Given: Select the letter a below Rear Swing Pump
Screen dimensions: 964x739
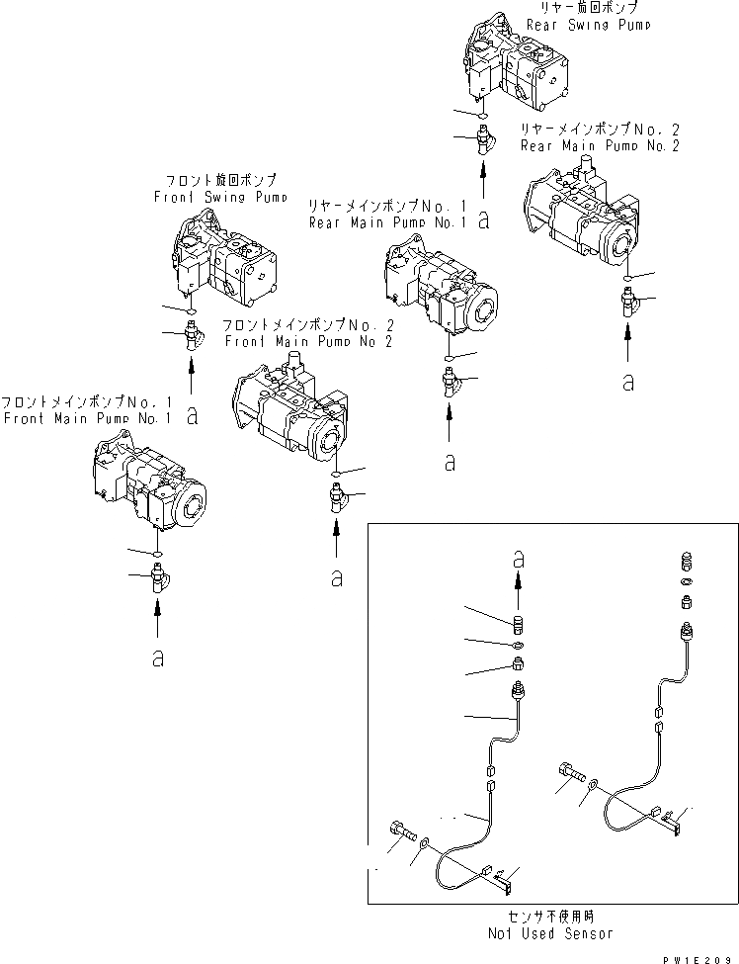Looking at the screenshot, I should pyautogui.click(x=483, y=221).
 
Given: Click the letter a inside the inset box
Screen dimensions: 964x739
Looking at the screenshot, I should pyautogui.click(x=518, y=558).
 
